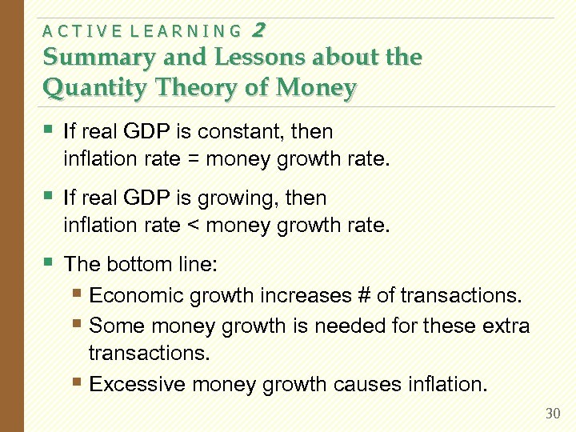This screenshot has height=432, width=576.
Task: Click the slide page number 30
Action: pos(552,414)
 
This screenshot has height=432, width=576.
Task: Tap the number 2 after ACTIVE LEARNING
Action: pos(258,30)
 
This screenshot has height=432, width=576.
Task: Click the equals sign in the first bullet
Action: pos(193,158)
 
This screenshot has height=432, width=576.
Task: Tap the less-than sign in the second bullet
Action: pos(193,226)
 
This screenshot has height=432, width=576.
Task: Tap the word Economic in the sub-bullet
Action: pos(130,295)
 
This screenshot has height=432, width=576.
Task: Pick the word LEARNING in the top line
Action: pos(191,32)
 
